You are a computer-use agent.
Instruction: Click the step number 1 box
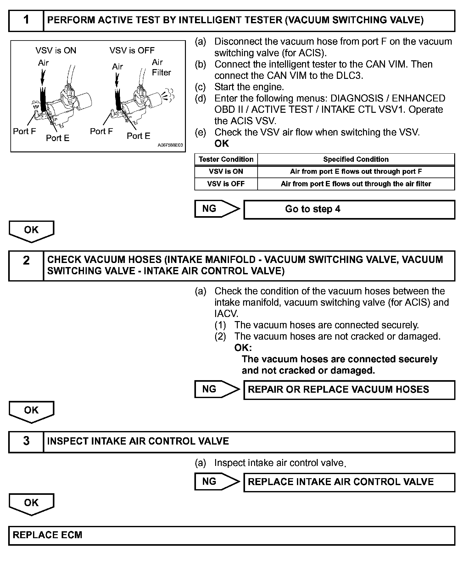tap(26, 21)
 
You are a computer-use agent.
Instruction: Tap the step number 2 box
tap(26, 265)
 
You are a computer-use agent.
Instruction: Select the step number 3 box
tap(26, 441)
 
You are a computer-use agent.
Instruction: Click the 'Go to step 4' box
tap(349, 210)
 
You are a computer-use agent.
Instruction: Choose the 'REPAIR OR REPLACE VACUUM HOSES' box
tap(349, 390)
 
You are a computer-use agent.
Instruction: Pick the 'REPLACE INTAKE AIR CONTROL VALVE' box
tap(349, 482)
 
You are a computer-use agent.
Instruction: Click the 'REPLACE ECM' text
tap(47, 535)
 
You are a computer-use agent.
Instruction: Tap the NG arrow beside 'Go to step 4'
tap(216, 209)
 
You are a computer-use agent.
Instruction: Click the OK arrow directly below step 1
tap(31, 231)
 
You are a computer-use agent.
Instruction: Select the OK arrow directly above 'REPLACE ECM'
tap(31, 504)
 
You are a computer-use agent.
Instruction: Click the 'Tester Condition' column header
tap(226, 159)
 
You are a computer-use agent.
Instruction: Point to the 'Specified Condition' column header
tap(356, 159)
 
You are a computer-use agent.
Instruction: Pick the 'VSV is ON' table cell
tap(226, 172)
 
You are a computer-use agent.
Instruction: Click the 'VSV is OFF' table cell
tap(226, 184)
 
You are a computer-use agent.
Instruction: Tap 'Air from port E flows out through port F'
tap(356, 172)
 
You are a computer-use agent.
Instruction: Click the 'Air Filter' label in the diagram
tap(161, 68)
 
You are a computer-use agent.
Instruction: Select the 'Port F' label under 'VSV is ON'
tap(25, 131)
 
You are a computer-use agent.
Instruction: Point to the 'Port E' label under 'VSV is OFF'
tap(138, 136)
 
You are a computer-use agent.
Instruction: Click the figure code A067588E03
tap(170, 145)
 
